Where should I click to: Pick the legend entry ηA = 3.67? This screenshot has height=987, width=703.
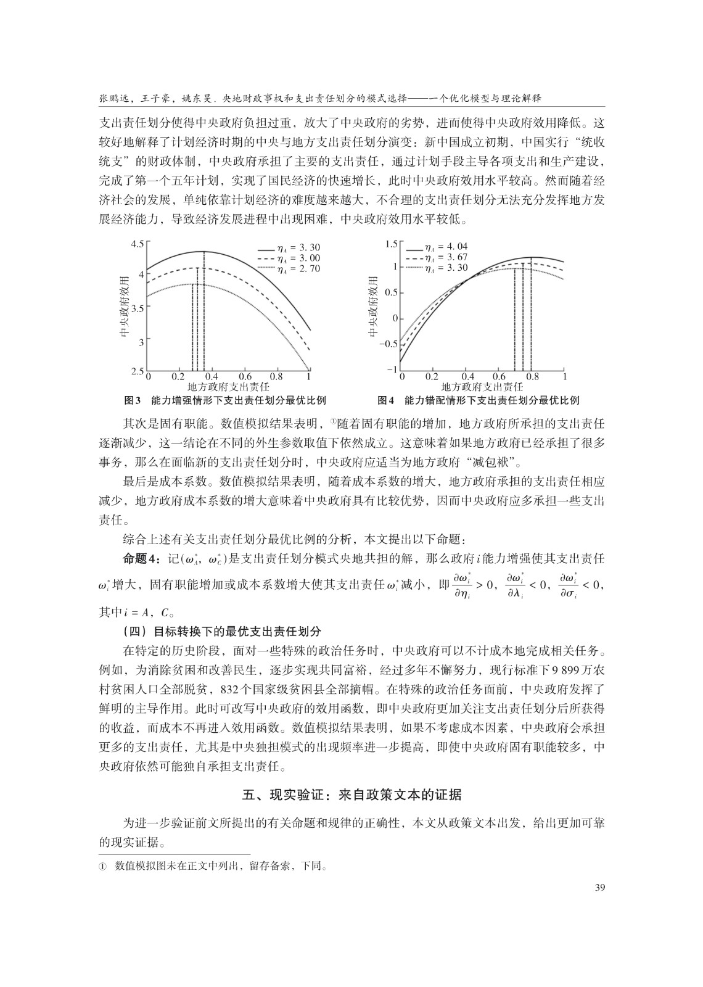pyautogui.click(x=446, y=257)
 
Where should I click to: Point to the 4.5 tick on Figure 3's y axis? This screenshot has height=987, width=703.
pyautogui.click(x=137, y=244)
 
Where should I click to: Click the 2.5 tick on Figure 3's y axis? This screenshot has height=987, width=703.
pyautogui.click(x=137, y=372)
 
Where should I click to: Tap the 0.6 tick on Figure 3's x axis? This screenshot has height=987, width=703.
pyautogui.click(x=245, y=377)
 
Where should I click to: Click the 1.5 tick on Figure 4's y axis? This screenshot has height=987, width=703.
pyautogui.click(x=390, y=244)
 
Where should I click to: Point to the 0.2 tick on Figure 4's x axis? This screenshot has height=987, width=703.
pyautogui.click(x=432, y=377)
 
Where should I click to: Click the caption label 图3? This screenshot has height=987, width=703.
pyautogui.click(x=133, y=400)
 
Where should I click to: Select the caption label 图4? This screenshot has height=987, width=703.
pyautogui.click(x=385, y=400)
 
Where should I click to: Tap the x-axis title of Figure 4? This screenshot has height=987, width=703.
pyautogui.click(x=482, y=387)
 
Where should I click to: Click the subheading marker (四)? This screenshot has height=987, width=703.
pyautogui.click(x=136, y=632)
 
